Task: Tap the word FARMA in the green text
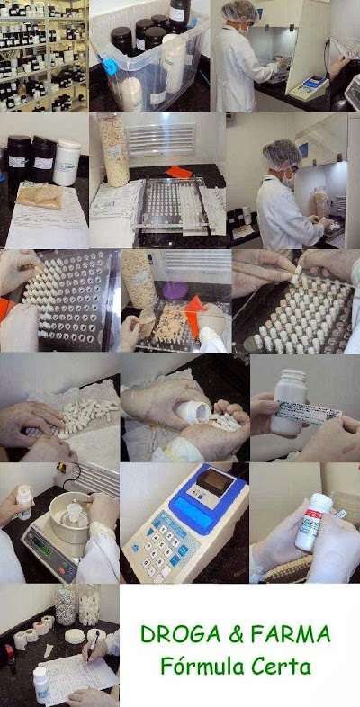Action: click(291, 635)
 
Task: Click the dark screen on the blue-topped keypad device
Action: click(214, 483)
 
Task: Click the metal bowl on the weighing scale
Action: click(69, 515)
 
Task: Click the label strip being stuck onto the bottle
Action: click(308, 412)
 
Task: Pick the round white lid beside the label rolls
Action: click(75, 636)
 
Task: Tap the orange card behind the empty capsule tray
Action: click(179, 172)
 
